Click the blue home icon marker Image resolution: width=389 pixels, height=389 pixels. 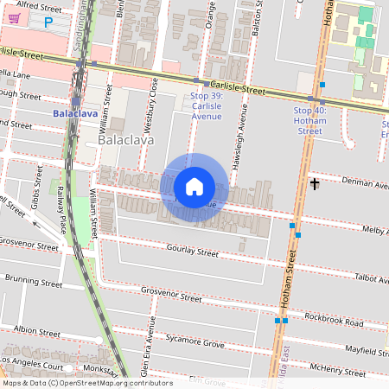click(x=194, y=187)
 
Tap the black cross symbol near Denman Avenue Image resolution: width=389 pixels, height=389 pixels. click(x=315, y=183)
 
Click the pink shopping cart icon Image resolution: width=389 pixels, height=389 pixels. click(x=14, y=18)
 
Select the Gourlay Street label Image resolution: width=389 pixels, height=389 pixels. click(x=193, y=252)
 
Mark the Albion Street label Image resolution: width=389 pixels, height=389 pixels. click(x=36, y=330)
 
